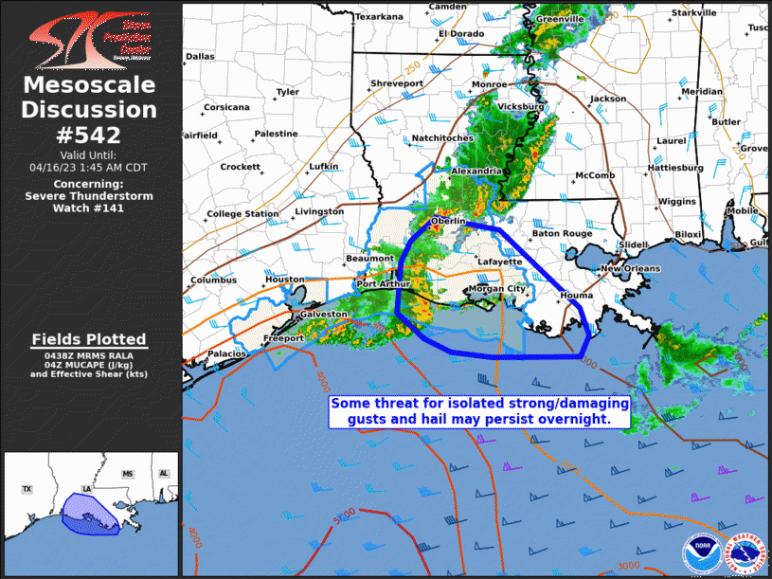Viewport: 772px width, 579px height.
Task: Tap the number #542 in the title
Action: (x=88, y=135)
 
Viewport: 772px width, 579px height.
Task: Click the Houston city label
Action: (x=284, y=280)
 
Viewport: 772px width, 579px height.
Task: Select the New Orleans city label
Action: (x=629, y=268)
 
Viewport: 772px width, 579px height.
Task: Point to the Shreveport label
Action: (x=396, y=83)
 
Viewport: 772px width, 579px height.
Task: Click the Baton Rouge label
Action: (x=562, y=233)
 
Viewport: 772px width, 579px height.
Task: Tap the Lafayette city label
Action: (x=498, y=261)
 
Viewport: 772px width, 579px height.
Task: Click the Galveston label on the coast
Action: (x=324, y=314)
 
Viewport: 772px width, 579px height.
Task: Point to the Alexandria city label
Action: (x=476, y=172)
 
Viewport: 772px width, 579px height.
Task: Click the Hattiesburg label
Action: (x=676, y=167)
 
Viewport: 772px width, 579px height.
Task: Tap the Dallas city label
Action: (x=200, y=56)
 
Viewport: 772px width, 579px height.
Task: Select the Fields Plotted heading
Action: (x=89, y=338)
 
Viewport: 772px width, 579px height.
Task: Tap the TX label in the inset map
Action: (x=27, y=489)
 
